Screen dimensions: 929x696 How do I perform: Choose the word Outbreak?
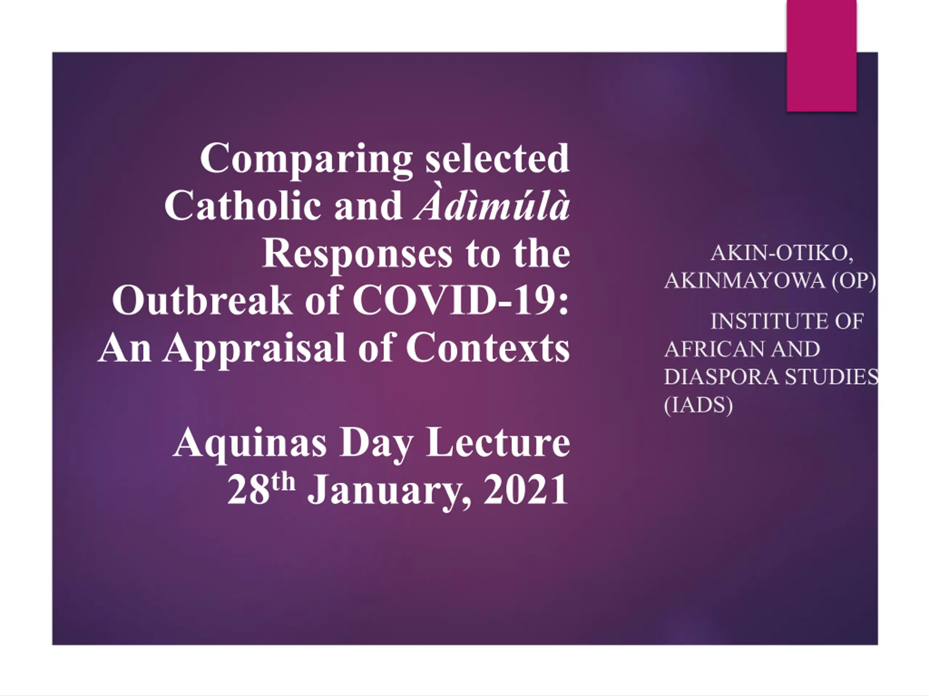(x=202, y=299)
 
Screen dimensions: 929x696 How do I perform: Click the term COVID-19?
(x=461, y=299)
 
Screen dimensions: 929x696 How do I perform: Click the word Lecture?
(x=498, y=442)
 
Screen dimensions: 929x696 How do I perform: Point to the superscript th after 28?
(x=283, y=482)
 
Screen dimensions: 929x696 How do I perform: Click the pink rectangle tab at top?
(x=822, y=56)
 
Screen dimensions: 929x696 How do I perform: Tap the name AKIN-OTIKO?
(x=782, y=253)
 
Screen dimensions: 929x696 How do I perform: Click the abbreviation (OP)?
(x=854, y=281)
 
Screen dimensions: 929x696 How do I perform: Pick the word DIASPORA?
(x=721, y=377)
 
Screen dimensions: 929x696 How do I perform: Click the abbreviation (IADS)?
(x=699, y=405)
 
